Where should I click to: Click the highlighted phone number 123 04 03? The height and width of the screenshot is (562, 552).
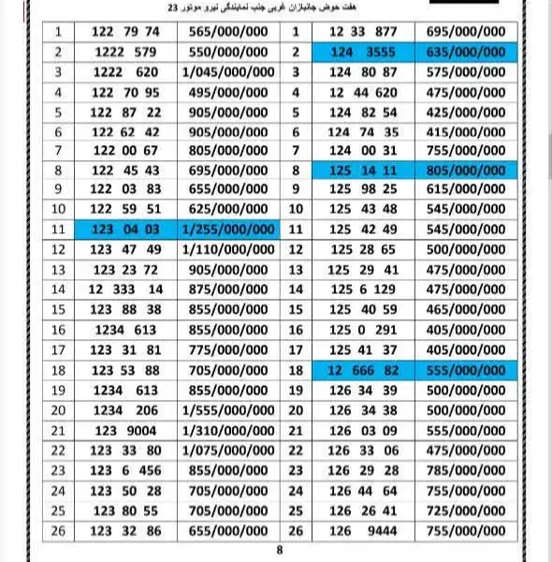pyautogui.click(x=126, y=229)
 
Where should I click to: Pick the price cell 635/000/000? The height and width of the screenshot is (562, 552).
pyautogui.click(x=465, y=52)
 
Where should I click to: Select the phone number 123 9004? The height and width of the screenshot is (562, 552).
pyautogui.click(x=126, y=430)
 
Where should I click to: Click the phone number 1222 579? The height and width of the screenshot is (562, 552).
pyautogui.click(x=126, y=52)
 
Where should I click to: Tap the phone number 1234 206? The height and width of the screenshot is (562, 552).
pyautogui.click(x=126, y=409)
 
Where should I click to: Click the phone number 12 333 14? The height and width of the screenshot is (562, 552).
pyautogui.click(x=126, y=289)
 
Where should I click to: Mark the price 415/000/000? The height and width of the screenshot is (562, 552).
pyautogui.click(x=465, y=131)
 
